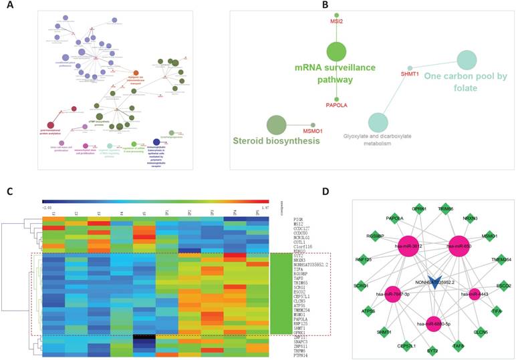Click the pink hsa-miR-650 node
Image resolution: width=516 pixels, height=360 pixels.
coord(459,245)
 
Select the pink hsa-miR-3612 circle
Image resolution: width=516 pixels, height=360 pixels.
coord(410,246)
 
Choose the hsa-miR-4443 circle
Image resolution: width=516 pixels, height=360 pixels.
coord(475,294)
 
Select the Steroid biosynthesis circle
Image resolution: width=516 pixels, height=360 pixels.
coord(277,124)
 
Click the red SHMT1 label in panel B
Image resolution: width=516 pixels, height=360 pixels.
coord(409,75)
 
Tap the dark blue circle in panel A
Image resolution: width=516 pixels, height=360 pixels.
coord(156,142)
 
